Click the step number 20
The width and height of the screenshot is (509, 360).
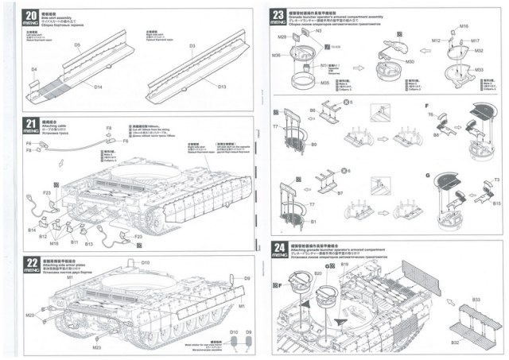coord(31,15)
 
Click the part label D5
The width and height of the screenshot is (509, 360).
coord(78,45)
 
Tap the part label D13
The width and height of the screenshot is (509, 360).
coord(222,86)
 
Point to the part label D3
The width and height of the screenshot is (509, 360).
coord(193,46)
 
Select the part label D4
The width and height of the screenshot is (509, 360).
coord(34,70)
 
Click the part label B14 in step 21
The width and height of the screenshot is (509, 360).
coord(33,230)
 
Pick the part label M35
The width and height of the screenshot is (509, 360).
coord(303,82)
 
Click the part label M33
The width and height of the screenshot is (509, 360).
coord(479,69)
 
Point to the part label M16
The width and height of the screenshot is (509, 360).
coord(464,27)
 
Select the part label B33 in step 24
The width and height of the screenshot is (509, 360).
coord(476,300)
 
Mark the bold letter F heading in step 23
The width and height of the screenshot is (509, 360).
coord(427,106)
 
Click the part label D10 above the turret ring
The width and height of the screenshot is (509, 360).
coord(145,263)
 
